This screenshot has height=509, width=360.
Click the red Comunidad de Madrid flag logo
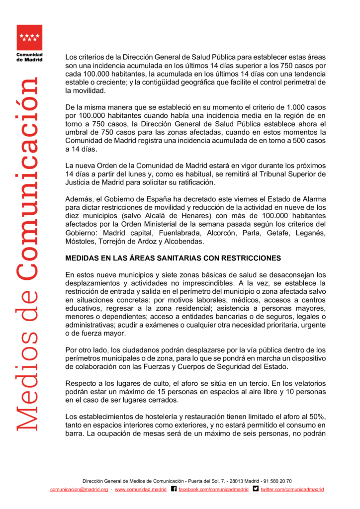pyautogui.click(x=29, y=37)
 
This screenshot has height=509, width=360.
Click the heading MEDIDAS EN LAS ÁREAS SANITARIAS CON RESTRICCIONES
pyautogui.click(x=173, y=258)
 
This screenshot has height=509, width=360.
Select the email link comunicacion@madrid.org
pyautogui.click(x=79, y=490)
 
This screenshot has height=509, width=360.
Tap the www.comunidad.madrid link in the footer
pyautogui.click(x=141, y=490)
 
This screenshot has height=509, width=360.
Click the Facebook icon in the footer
pyautogui.click(x=174, y=489)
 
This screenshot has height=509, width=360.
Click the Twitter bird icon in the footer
pyautogui.click(x=256, y=489)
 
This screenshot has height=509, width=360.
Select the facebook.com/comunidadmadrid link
pyautogui.click(x=214, y=490)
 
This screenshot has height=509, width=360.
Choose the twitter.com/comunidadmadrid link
pyautogui.click(x=293, y=490)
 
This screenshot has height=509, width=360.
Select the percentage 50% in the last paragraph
pyautogui.click(x=318, y=416)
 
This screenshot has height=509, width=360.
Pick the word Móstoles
pyautogui.click(x=81, y=242)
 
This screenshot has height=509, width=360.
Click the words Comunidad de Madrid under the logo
pyautogui.click(x=29, y=57)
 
